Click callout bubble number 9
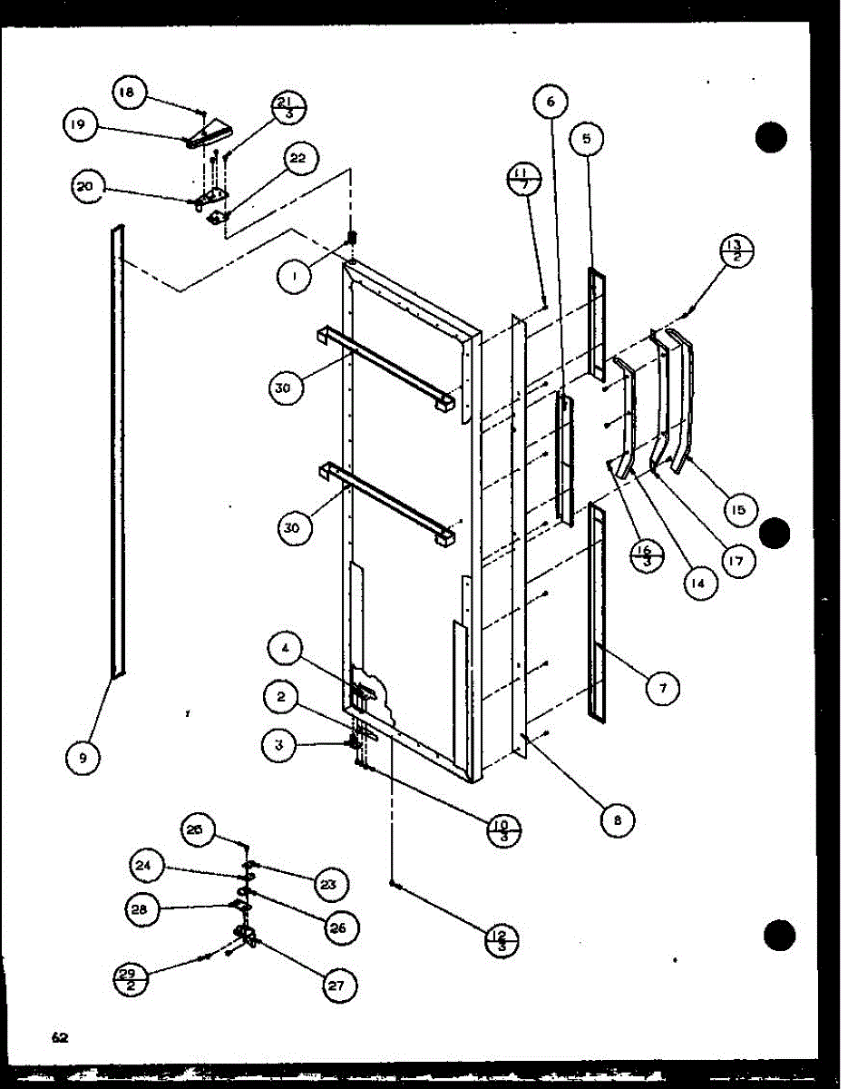pyautogui.click(x=83, y=758)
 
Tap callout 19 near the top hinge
pyautogui.click(x=81, y=126)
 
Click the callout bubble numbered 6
pyautogui.click(x=550, y=103)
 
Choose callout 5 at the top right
pyautogui.click(x=587, y=139)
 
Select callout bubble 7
pyautogui.click(x=663, y=689)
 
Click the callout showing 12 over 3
pyautogui.click(x=502, y=937)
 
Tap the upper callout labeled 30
pyautogui.click(x=285, y=388)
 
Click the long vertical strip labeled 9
pyautogui.click(x=118, y=454)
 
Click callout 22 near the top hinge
pyautogui.click(x=298, y=159)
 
